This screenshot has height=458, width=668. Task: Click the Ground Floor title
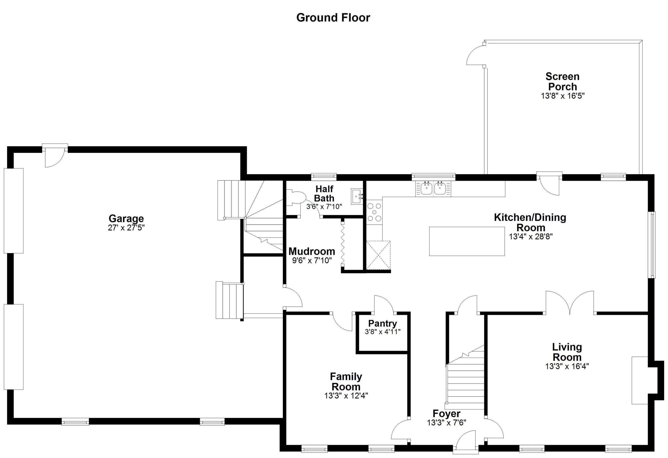click(x=333, y=18)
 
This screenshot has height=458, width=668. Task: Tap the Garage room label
click(x=126, y=219)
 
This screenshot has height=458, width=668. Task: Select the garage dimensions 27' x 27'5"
click(x=126, y=228)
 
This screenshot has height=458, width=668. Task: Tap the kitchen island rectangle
click(x=467, y=241)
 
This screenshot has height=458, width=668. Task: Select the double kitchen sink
click(x=433, y=189)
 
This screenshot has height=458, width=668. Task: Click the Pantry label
click(x=382, y=323)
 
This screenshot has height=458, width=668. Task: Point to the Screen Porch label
click(x=563, y=81)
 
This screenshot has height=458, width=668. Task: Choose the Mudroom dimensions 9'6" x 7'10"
click(x=312, y=261)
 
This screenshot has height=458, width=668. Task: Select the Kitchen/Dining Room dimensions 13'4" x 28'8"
click(x=531, y=237)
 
